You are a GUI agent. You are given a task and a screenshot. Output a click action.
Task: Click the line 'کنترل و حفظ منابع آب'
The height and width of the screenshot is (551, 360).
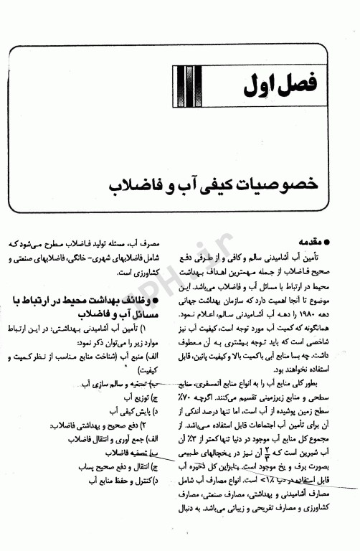pyautogui.click(x=120, y=481)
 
